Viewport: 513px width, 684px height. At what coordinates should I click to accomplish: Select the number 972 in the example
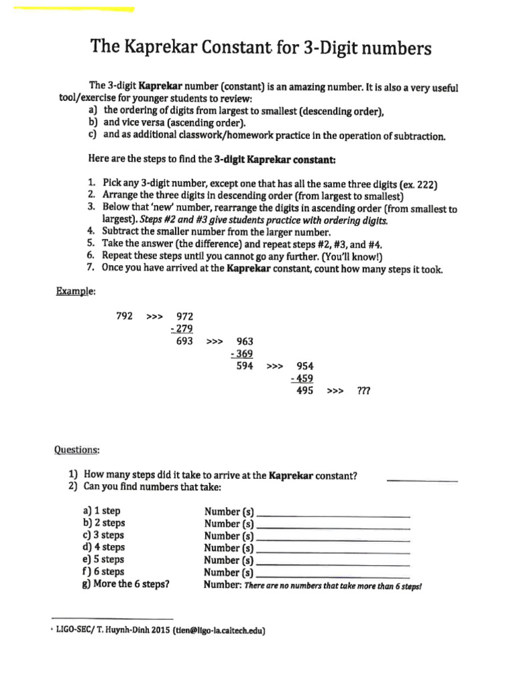pos(184,316)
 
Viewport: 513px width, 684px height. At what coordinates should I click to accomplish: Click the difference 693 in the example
pos(184,341)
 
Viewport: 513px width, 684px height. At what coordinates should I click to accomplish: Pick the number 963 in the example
pos(245,341)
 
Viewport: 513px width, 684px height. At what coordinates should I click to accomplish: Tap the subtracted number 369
pos(243,354)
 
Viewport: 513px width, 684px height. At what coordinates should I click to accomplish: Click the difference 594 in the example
pos(244,366)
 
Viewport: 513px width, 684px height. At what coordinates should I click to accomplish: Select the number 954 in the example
pos(305,367)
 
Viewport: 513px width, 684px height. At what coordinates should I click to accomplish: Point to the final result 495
pos(305,391)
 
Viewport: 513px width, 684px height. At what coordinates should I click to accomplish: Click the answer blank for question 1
pos(422,479)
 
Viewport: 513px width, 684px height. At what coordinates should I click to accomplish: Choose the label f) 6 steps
pos(104,572)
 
